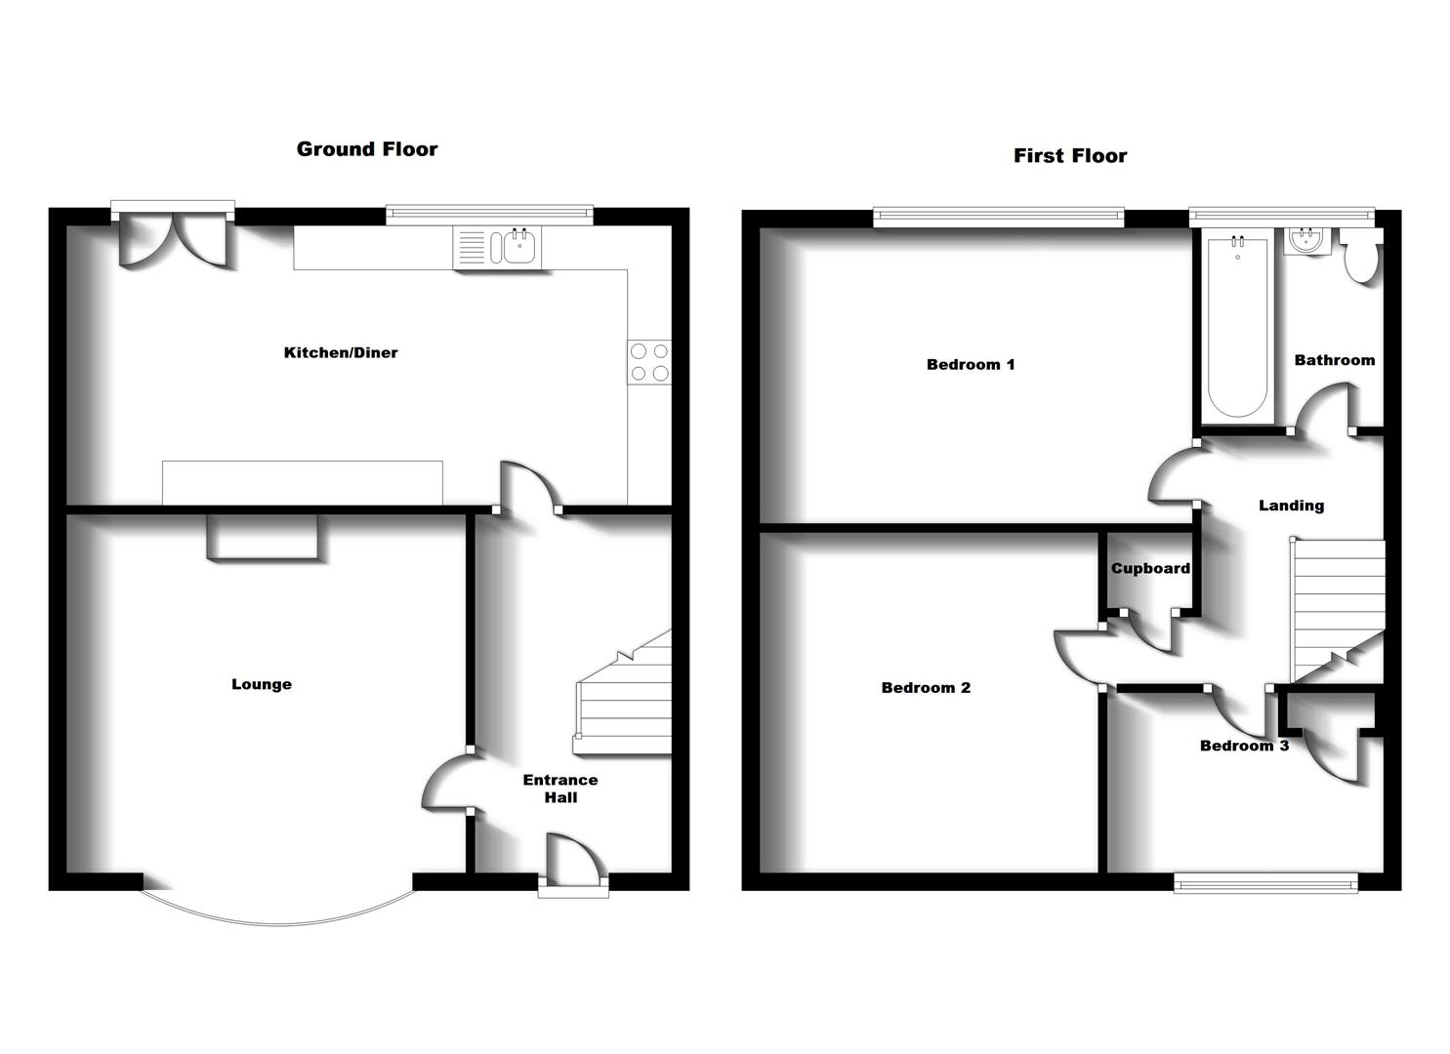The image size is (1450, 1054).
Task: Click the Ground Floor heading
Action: pyautogui.click(x=367, y=149)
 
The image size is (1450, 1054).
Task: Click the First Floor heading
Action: pyautogui.click(x=1070, y=156)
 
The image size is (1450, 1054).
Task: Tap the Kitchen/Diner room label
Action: pyautogui.click(x=341, y=352)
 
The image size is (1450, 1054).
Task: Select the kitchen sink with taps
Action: pyautogui.click(x=496, y=247)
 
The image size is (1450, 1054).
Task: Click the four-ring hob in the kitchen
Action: pyautogui.click(x=649, y=362)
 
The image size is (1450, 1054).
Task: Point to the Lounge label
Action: pyautogui.click(x=262, y=684)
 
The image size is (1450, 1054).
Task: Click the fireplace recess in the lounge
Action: pyautogui.click(x=262, y=537)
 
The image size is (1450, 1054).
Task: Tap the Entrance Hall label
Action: pyautogui.click(x=560, y=789)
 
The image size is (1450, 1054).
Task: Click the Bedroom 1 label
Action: pyautogui.click(x=971, y=364)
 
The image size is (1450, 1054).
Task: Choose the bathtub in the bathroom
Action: pyautogui.click(x=1237, y=327)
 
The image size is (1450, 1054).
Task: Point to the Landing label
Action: pyautogui.click(x=1291, y=506)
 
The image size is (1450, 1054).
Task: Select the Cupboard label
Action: pyautogui.click(x=1150, y=568)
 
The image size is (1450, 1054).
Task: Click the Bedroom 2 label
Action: pyautogui.click(x=926, y=688)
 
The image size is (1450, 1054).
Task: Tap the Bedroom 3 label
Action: pyautogui.click(x=1244, y=746)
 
